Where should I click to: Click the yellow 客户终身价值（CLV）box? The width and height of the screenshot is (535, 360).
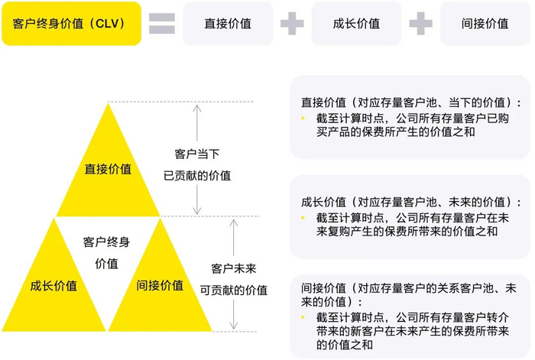click(x=71, y=24)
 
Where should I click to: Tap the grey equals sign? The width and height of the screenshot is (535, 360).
click(x=161, y=24)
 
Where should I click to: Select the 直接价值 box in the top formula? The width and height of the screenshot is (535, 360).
click(x=227, y=24)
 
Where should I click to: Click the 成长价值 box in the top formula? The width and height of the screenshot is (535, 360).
click(x=356, y=24)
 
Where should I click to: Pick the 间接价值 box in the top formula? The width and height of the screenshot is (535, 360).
click(x=485, y=24)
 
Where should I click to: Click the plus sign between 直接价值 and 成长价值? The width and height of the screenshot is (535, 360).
click(x=291, y=24)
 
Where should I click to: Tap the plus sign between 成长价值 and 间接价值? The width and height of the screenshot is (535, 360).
click(x=420, y=24)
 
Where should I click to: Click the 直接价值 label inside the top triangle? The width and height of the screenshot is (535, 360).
click(x=107, y=169)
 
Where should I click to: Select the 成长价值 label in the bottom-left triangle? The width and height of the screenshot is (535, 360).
click(x=53, y=286)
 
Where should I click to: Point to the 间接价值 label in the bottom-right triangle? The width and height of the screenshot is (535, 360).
click(x=160, y=286)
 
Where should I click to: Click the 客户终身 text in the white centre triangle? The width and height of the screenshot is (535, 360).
click(x=106, y=242)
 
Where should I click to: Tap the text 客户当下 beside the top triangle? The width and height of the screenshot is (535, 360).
click(x=197, y=153)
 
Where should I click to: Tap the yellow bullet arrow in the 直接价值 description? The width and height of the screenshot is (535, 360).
click(x=304, y=118)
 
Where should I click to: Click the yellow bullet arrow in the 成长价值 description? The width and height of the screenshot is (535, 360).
click(x=304, y=218)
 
